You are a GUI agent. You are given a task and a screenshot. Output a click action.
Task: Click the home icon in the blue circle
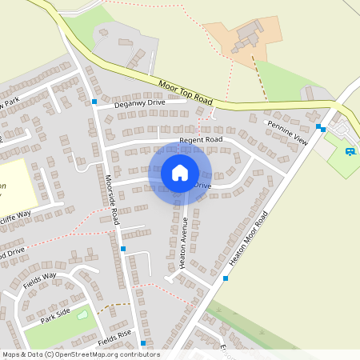180,172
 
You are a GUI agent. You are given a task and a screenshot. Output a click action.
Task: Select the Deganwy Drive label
139,103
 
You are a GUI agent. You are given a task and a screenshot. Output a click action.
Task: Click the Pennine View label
288,132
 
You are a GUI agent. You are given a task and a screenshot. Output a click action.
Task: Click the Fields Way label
39,280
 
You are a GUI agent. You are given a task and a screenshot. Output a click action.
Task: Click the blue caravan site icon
350,151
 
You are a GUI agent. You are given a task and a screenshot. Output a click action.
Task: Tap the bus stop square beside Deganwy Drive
94,102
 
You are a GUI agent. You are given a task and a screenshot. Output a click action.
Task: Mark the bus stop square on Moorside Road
122,249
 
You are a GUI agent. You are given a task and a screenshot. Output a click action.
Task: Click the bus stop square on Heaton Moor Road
226,278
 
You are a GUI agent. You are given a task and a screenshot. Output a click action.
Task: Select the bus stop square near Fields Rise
142,343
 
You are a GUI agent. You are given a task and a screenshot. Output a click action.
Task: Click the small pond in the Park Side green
82,314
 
